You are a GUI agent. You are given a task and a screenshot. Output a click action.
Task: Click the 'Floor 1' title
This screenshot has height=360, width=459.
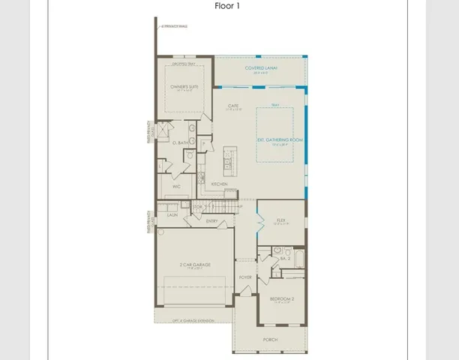click(x=229, y=7)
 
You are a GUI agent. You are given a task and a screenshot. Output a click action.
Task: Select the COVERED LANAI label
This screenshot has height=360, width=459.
click(x=261, y=68)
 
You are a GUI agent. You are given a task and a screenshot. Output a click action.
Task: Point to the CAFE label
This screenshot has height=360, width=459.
click(x=233, y=106)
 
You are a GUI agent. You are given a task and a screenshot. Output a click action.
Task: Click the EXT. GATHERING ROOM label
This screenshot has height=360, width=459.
click(x=280, y=140)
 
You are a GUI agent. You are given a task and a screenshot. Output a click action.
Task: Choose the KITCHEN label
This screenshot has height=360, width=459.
click(x=219, y=183)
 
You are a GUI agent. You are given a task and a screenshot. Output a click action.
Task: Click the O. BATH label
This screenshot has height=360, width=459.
click(x=180, y=142)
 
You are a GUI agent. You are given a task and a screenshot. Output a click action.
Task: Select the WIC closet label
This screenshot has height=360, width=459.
click(x=177, y=186)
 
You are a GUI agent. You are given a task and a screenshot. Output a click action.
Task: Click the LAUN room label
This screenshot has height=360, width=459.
click(x=172, y=214)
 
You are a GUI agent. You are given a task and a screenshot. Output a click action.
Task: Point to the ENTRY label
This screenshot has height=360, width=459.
click(x=212, y=220)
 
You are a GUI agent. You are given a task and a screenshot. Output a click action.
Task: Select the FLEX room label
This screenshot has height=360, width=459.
click(x=281, y=222)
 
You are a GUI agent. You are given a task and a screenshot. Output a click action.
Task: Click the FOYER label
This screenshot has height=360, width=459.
click(x=245, y=277)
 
